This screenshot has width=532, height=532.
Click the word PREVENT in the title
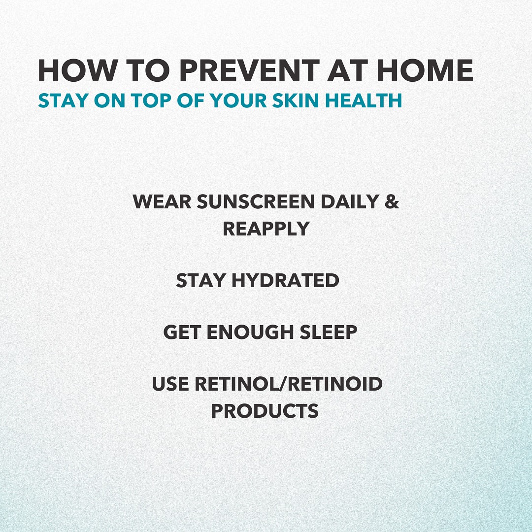[249, 70]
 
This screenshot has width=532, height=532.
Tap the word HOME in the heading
[425, 70]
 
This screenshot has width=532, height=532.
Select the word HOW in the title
[77, 70]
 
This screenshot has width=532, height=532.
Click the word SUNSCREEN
[256, 201]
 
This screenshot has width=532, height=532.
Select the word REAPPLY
[266, 229]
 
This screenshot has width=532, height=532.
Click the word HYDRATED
[285, 281]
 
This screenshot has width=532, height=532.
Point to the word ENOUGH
[250, 332]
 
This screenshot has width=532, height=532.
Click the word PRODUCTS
[265, 410]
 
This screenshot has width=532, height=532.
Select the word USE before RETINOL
[170, 384]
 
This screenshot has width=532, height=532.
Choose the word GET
[182, 332]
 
